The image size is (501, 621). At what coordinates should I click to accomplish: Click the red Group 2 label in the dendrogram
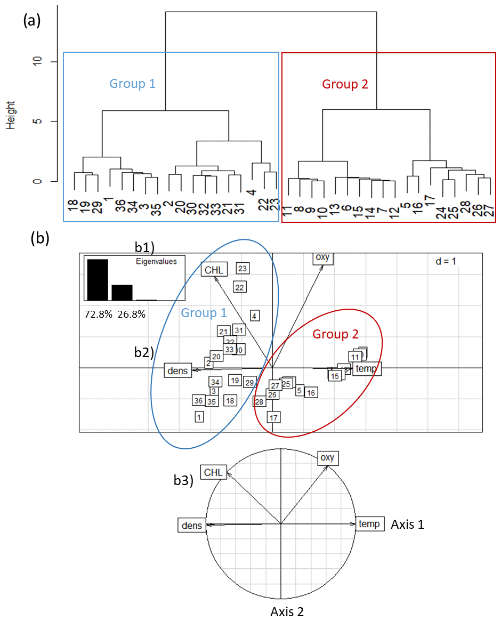(x=345, y=84)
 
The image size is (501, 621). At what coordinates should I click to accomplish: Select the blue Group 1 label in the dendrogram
(x=132, y=84)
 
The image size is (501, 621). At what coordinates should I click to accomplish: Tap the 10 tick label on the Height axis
(x=36, y=62)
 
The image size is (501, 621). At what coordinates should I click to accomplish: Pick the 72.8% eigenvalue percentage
(x=98, y=314)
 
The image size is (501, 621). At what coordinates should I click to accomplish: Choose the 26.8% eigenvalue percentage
(x=131, y=314)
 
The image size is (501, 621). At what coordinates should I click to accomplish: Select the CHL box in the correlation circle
(x=213, y=472)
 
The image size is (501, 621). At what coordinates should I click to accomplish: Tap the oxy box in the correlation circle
(x=328, y=457)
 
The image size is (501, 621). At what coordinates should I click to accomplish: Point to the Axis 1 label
(x=408, y=524)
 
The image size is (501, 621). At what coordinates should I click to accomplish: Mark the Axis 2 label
(x=287, y=611)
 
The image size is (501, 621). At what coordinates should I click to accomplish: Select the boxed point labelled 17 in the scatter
(x=274, y=417)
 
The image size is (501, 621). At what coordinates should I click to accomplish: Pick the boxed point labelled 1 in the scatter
(x=199, y=417)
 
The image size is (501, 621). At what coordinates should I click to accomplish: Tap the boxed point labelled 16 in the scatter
(x=311, y=393)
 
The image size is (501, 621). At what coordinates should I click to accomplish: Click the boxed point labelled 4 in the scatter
(x=255, y=316)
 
